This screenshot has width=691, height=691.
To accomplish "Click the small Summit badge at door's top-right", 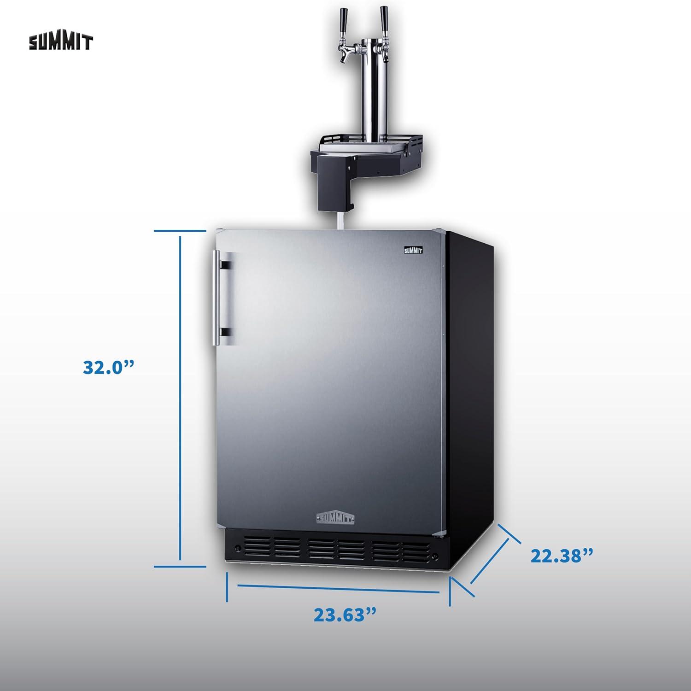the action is pyautogui.click(x=413, y=251).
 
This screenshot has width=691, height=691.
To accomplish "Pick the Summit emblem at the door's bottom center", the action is pyautogui.click(x=335, y=517).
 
